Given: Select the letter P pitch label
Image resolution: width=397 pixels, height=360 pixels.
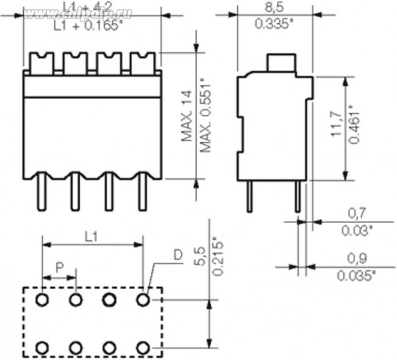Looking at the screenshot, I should (x=59, y=267).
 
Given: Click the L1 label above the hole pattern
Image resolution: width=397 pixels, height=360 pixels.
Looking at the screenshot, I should (x=91, y=237).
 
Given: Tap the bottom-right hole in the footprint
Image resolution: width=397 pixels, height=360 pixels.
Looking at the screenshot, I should (x=144, y=348).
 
